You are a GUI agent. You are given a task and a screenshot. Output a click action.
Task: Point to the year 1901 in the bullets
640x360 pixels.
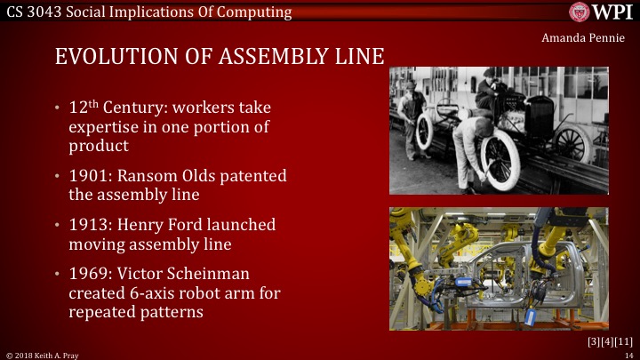pos(87,176)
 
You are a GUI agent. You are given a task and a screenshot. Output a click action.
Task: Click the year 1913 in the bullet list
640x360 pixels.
pos(87,225)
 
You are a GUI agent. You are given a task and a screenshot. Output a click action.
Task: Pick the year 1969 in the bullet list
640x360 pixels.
pos(87,274)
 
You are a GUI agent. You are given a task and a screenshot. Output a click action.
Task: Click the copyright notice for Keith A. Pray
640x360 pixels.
pos(43,354)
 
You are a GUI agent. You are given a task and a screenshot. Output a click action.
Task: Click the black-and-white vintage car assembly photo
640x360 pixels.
pos(499,130)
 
